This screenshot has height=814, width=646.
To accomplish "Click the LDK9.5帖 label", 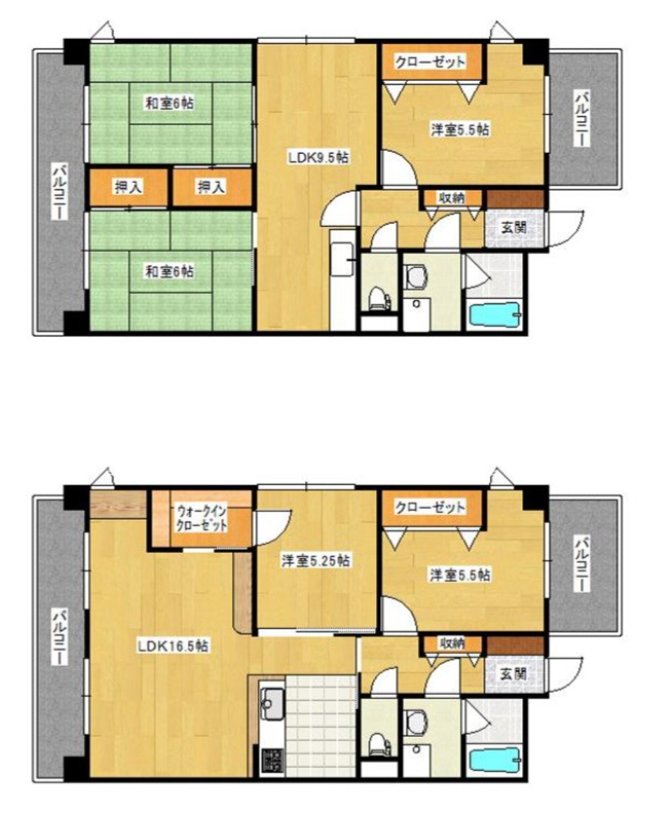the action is tap(318, 157).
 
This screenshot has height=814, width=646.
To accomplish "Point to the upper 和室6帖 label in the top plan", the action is tap(170, 103).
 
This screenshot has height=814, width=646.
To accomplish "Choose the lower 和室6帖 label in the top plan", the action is tap(170, 271).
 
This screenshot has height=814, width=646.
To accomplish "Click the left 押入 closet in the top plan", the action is tap(128, 187).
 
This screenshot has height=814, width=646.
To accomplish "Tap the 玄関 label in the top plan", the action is tap(513, 228).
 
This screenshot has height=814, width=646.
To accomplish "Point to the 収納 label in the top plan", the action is tap(452, 197).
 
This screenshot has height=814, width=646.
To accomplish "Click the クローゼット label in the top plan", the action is tap(430, 62).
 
